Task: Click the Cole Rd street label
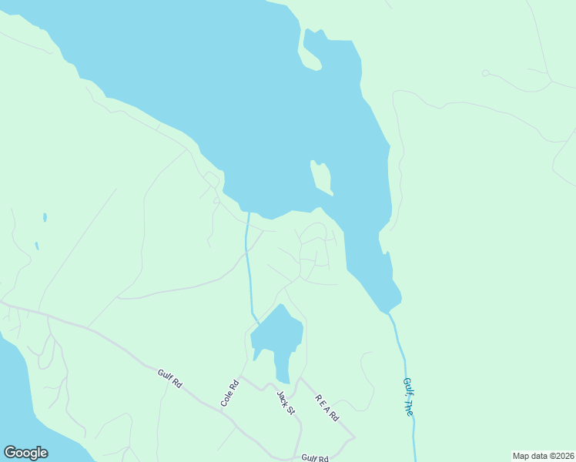click(229, 393)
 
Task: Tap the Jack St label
click(286, 401)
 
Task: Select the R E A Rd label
click(327, 407)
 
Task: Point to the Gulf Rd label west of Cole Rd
click(169, 378)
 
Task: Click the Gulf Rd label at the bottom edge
click(314, 457)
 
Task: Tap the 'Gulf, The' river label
click(408, 397)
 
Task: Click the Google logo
click(25, 453)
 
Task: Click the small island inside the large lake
click(321, 177)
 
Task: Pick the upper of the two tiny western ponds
click(45, 217)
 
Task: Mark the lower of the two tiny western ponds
click(36, 246)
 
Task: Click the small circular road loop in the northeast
click(485, 73)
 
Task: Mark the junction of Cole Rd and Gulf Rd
click(222, 411)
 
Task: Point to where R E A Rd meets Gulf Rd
click(354, 437)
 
